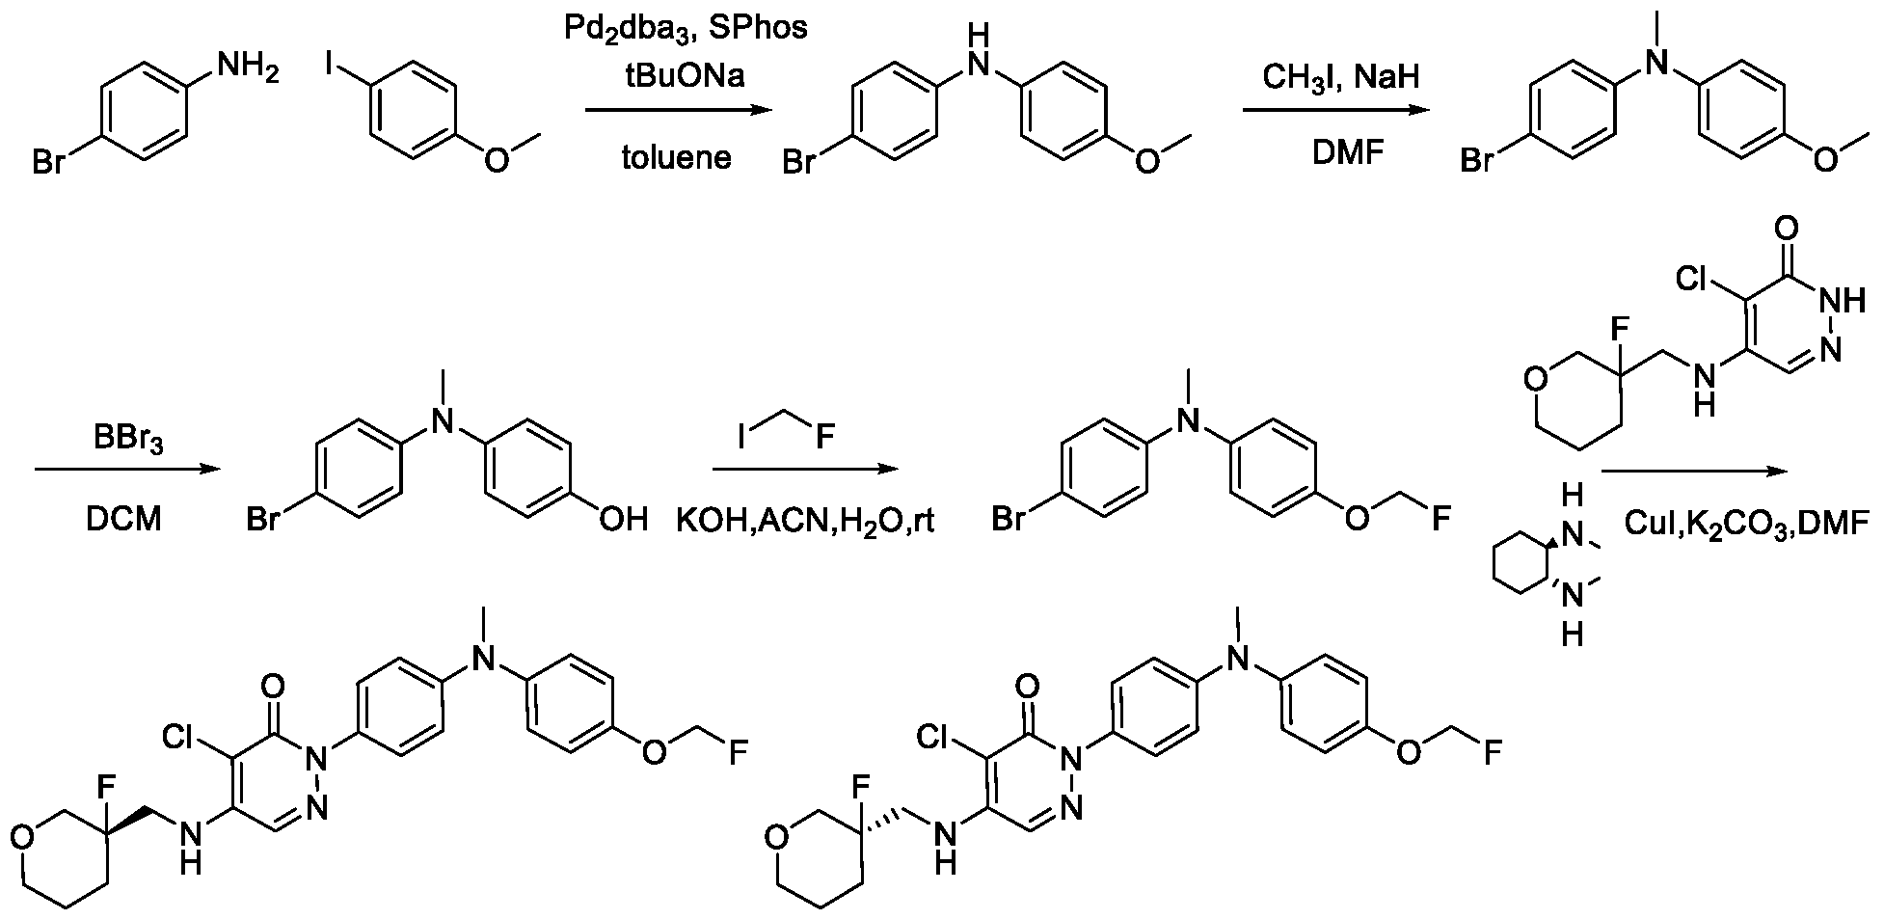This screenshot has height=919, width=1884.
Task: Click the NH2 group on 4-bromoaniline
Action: [x=249, y=67]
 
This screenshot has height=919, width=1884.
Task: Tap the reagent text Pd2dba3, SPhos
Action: [x=686, y=29]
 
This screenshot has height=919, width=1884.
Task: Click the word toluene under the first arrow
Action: [x=676, y=156]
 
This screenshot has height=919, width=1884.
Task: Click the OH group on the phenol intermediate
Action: [x=623, y=521]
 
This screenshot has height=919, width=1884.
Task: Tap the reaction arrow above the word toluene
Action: [x=680, y=112]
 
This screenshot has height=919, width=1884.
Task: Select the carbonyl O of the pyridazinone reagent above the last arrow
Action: [x=1784, y=230]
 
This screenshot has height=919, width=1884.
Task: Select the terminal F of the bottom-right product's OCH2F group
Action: [x=1492, y=753]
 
